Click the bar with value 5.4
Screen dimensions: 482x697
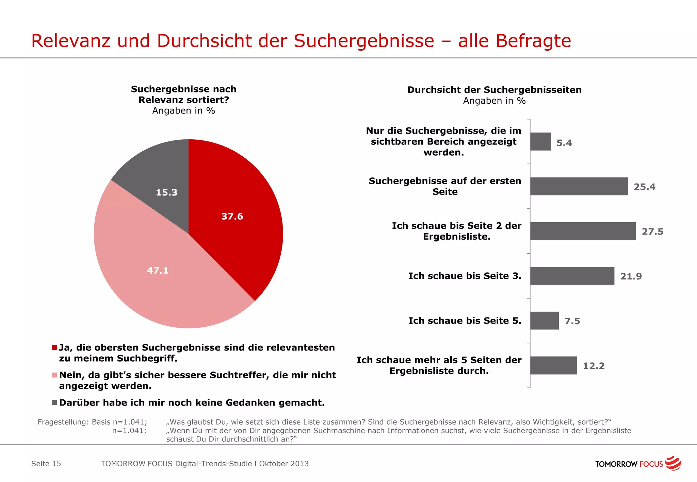[x=540, y=142]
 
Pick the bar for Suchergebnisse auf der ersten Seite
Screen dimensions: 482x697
[x=579, y=186]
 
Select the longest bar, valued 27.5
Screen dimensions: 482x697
[x=583, y=231]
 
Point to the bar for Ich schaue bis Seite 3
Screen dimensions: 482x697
[x=572, y=276]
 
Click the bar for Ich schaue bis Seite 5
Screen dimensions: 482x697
[x=544, y=321]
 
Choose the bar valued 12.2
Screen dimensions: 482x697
[x=553, y=365]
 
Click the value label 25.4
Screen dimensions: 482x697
[x=644, y=187]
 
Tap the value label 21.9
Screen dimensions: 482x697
[x=631, y=276]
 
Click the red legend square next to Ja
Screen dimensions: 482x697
[x=54, y=347]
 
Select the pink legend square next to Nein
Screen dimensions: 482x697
[x=54, y=375]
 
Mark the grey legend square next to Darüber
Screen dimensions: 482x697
[x=54, y=402]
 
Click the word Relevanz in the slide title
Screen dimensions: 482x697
[x=71, y=41]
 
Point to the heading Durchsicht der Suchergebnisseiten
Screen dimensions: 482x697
[x=494, y=90]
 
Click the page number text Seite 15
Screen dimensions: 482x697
[x=46, y=464]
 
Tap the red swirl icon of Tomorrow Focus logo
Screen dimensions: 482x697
[x=673, y=463]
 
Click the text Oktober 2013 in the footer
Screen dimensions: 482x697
[x=284, y=464]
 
